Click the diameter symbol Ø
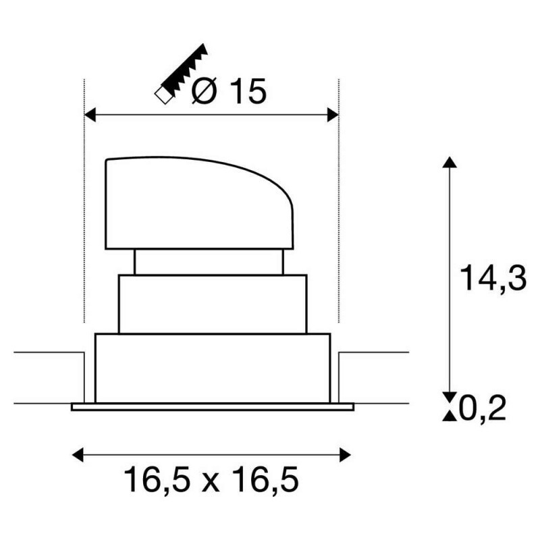point(205,92)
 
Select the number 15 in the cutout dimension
point(247,92)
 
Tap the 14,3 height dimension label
point(492,277)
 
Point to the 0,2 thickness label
point(483,408)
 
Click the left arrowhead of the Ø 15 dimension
point(89,115)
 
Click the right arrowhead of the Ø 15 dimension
point(332,115)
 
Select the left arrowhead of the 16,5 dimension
point(77,453)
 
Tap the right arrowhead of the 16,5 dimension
point(346,453)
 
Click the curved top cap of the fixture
point(198,202)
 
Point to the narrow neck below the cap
point(209,262)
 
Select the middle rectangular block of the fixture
point(212,304)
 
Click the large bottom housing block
point(212,368)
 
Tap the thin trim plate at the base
point(212,406)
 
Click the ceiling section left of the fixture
point(47,378)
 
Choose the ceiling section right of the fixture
point(375,378)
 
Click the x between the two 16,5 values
point(211,482)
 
